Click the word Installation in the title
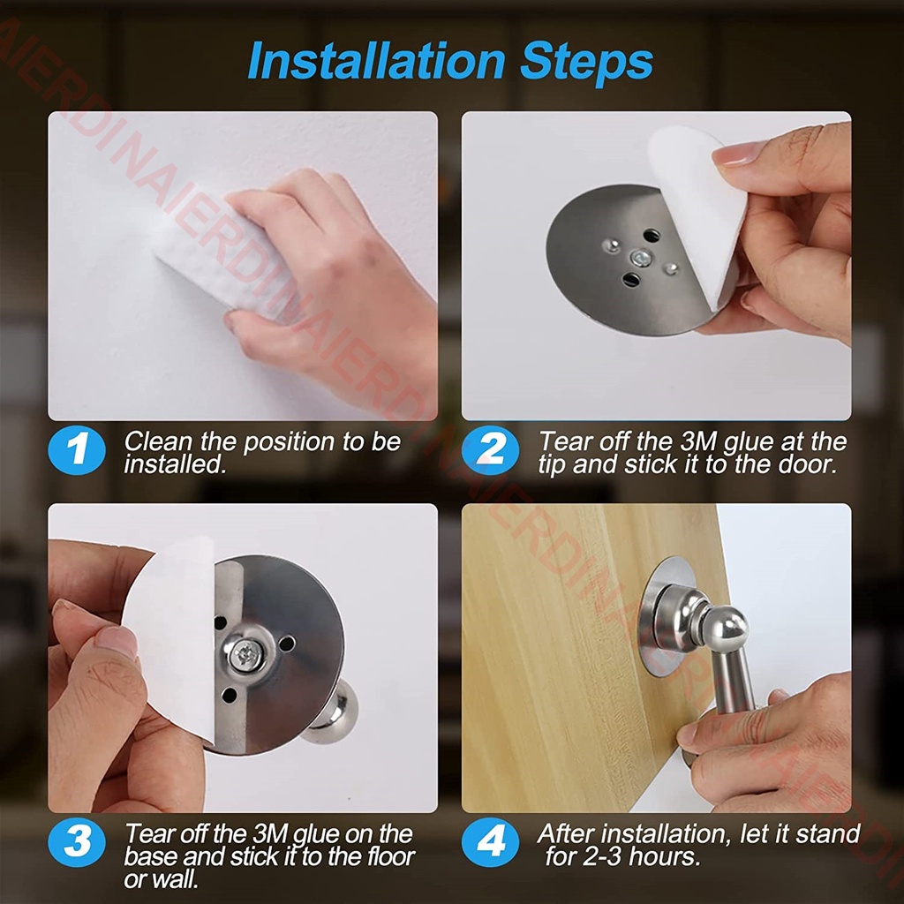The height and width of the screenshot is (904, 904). tap(376, 61)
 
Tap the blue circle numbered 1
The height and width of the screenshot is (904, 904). tap(77, 449)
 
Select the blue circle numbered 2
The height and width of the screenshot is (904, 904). tap(491, 449)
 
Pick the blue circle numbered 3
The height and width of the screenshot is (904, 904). tap(77, 842)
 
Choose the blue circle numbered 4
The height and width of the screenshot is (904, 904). tap(491, 842)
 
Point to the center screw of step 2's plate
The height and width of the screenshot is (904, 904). tap(640, 258)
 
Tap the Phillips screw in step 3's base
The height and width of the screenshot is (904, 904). tap(246, 654)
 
